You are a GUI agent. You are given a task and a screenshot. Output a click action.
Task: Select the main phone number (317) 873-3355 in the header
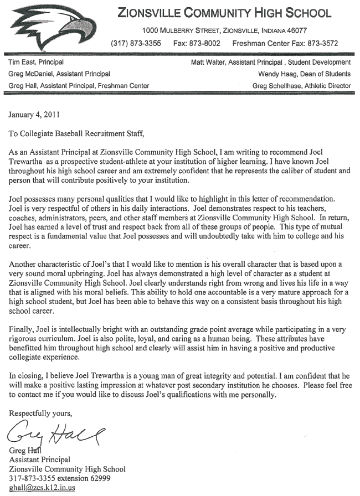(x=136, y=43)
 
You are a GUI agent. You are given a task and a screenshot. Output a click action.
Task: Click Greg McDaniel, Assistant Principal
(x=59, y=74)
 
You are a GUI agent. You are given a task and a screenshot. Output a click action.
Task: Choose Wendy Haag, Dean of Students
(x=304, y=74)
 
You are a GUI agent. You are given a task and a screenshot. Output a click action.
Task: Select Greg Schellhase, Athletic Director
(x=301, y=86)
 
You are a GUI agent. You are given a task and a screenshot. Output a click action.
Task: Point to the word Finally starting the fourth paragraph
(x=23, y=329)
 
